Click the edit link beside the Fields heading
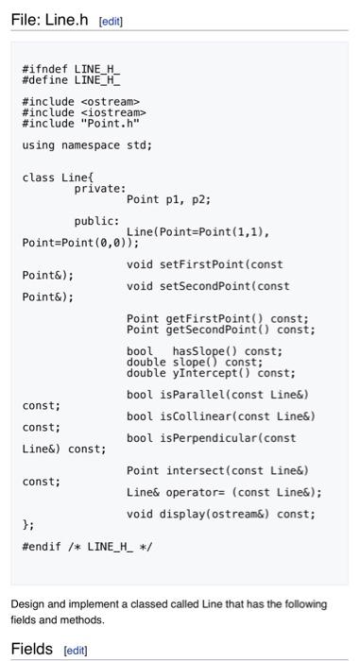point(75,651)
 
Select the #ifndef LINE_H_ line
point(71,68)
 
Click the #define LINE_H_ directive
point(71,79)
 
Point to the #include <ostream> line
point(80,101)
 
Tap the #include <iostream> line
point(83,112)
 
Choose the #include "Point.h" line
point(80,124)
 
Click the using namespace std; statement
point(87,145)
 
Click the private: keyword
point(99,189)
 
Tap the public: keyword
point(96,221)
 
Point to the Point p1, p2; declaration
point(168,199)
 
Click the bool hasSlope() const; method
point(204,351)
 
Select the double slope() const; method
point(195,362)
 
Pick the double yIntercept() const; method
point(211,373)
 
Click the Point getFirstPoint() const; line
point(217,319)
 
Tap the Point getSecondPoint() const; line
point(221,330)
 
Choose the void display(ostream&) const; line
point(221,514)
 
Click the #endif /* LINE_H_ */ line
point(87,546)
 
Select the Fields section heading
point(32,649)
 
